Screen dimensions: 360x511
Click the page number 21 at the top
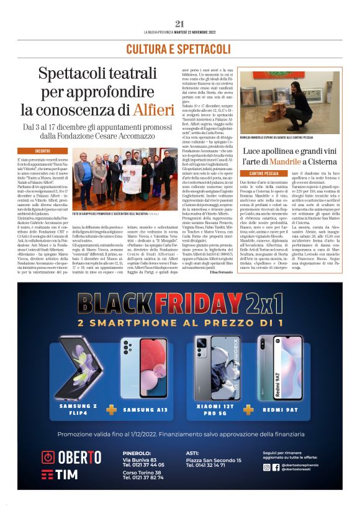(x=180, y=24)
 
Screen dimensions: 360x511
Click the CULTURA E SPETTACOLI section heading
(x=180, y=48)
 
